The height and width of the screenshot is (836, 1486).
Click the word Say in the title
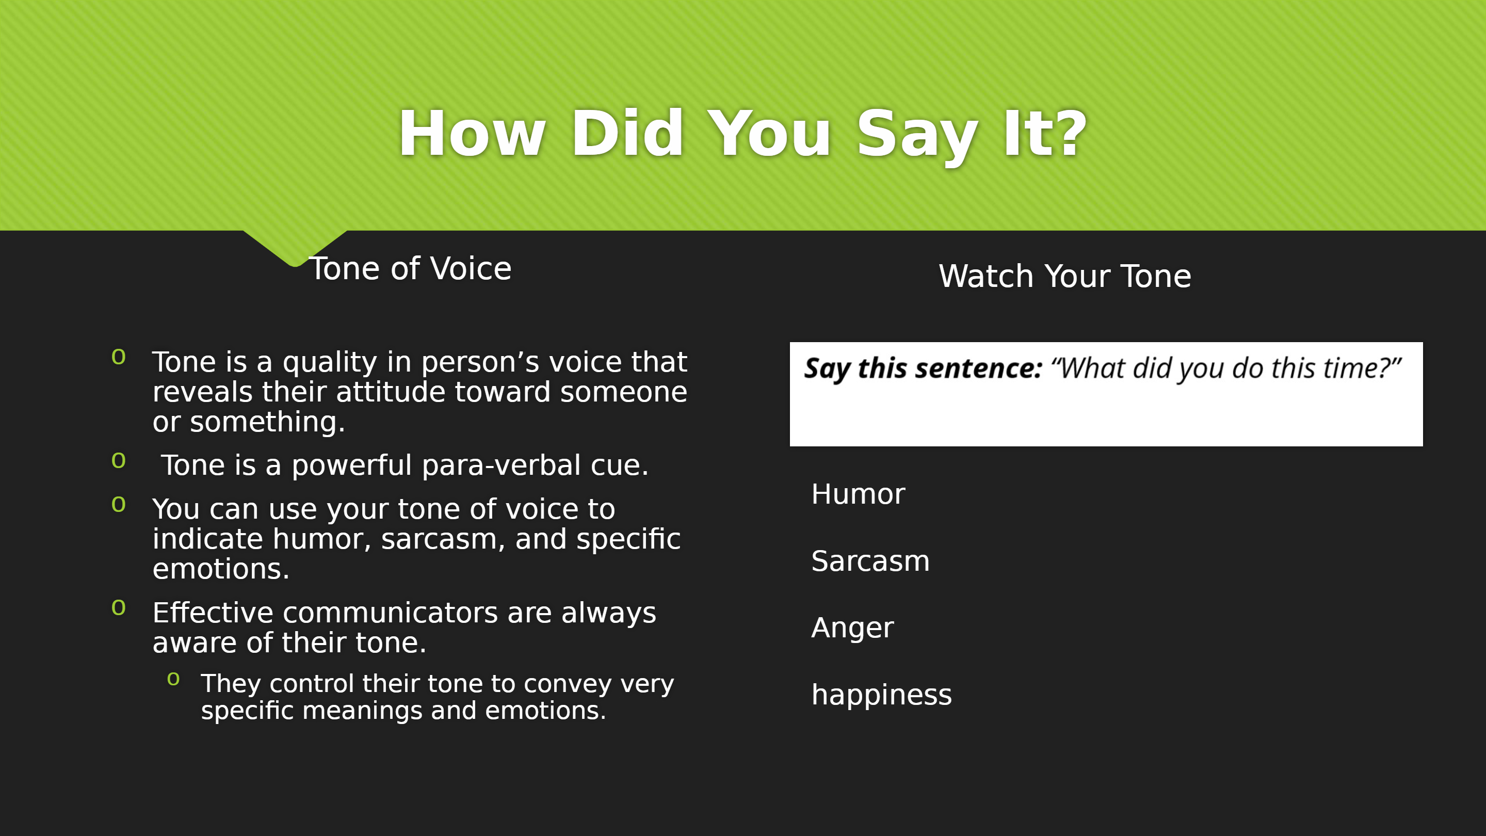[x=917, y=137]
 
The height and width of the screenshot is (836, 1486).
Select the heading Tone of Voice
[x=411, y=269]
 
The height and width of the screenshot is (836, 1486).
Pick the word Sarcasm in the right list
[x=870, y=561]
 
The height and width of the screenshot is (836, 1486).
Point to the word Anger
[x=852, y=629]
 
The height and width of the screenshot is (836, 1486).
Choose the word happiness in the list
[x=881, y=695]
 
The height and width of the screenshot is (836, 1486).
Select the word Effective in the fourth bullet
[x=212, y=612]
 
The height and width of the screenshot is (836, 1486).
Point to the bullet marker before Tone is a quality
[x=118, y=357]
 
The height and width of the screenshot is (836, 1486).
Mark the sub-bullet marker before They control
[x=173, y=679]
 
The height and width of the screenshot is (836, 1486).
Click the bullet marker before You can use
[x=118, y=505]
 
